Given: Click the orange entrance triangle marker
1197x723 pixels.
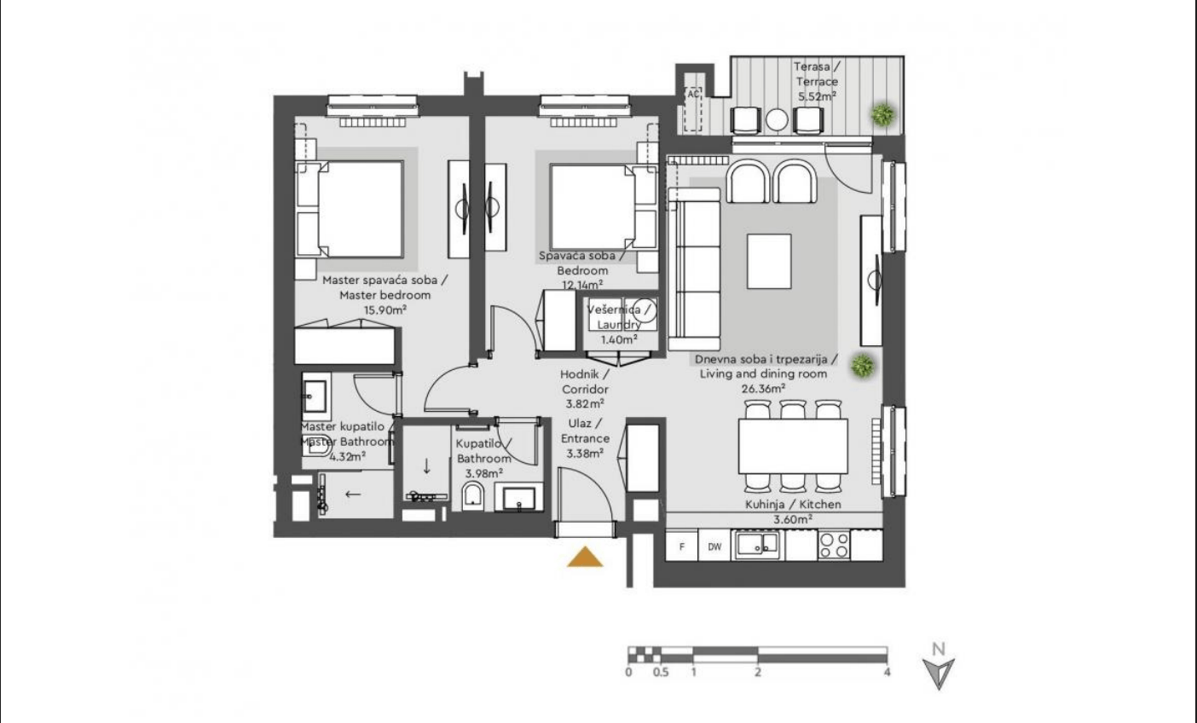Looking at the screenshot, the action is point(585,557).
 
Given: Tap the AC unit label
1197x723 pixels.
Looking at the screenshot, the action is point(693,94).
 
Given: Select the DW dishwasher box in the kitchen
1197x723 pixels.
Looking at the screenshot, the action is point(714,547).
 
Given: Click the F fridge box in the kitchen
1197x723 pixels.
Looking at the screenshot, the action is point(682,547).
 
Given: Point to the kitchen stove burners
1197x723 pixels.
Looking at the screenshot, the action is point(834,545).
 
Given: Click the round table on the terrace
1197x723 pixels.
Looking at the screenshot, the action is point(777,119).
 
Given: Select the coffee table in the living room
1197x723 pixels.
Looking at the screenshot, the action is point(769,261).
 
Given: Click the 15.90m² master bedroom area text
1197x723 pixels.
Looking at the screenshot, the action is point(385,310).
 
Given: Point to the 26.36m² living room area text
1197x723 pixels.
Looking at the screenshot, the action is point(763,389).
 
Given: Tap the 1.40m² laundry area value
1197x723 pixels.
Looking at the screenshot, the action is point(619,339).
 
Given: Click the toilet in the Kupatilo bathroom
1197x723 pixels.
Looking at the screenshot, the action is point(472,496).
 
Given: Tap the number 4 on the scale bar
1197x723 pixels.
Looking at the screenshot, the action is point(887,672).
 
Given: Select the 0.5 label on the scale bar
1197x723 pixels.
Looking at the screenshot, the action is point(661,672).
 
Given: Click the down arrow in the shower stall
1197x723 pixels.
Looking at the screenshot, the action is point(426,466).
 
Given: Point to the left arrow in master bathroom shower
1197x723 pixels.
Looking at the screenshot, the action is point(353,495).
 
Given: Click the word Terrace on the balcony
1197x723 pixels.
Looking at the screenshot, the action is point(817,82).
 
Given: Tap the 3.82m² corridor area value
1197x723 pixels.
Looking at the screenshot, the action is point(585,404).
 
